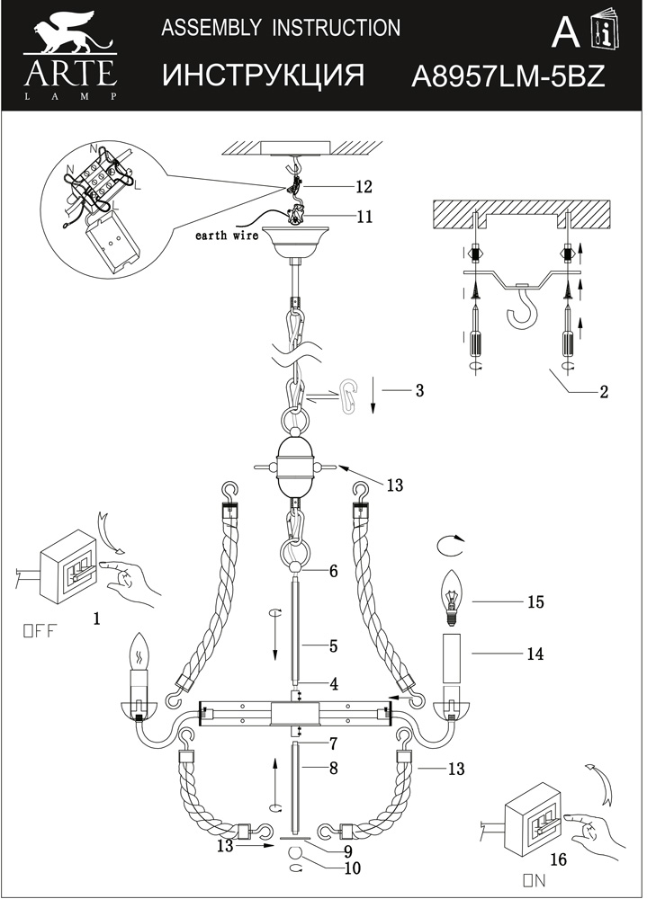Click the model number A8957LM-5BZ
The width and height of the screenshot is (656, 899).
pos(508,76)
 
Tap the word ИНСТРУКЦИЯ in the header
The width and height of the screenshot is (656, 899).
pos(263,76)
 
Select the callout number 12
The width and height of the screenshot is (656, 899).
pos(364,187)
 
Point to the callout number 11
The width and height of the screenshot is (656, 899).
pos(364,217)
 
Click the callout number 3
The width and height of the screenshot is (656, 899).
pos(419,391)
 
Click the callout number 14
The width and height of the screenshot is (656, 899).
pos(535,654)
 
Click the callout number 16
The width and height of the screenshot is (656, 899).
pos(558,860)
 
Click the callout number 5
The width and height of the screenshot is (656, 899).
pos(332,645)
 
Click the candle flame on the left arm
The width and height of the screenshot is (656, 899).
pos(139,648)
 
